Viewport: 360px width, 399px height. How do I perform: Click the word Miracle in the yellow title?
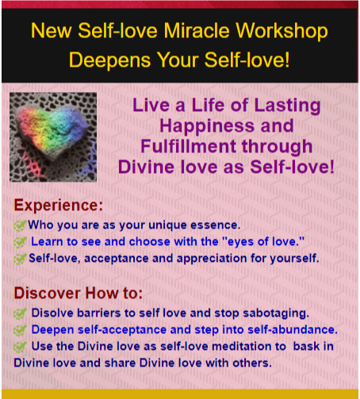(197, 31)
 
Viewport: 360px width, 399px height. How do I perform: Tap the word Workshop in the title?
(281, 32)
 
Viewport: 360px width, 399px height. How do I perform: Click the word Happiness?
(207, 126)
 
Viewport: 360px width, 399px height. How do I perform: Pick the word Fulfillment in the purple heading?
(189, 146)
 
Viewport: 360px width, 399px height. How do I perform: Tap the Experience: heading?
(59, 205)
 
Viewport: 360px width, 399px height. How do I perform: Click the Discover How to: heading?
(79, 293)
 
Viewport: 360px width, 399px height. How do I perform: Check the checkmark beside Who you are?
(20, 225)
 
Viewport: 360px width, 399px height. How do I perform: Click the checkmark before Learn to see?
(20, 242)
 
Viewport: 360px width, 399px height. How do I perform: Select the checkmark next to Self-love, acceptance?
(20, 259)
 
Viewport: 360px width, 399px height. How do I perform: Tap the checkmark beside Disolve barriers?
(20, 313)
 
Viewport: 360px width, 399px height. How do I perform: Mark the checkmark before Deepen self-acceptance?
(20, 330)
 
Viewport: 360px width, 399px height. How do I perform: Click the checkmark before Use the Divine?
(20, 347)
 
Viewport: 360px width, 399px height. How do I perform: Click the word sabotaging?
(276, 313)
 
